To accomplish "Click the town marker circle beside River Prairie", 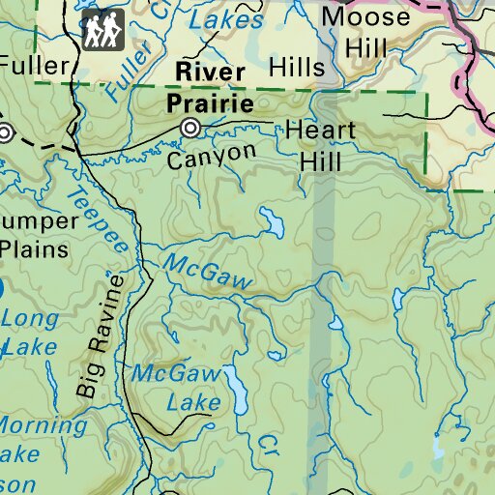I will pyautogui.click(x=190, y=128).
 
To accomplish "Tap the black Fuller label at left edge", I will pyautogui.click(x=36, y=67).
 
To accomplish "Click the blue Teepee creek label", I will pyautogui.click(x=97, y=219).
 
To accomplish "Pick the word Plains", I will pyautogui.click(x=34, y=248).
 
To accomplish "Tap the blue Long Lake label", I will pyautogui.click(x=29, y=332).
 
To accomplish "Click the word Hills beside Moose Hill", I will pyautogui.click(x=298, y=66).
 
